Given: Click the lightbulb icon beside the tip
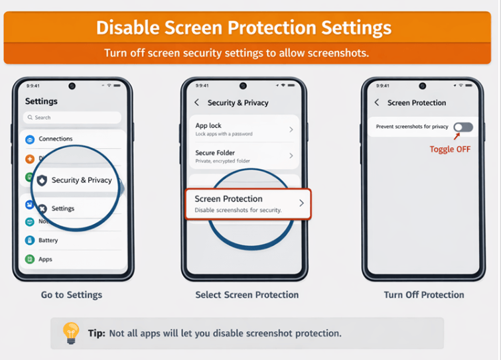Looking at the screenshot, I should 70,332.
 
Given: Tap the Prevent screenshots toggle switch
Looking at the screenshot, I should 463,127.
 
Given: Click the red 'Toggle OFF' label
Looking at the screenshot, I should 449,149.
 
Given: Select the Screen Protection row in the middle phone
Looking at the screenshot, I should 246,204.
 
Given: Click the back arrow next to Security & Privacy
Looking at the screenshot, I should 197,103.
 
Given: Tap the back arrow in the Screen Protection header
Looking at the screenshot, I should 377,103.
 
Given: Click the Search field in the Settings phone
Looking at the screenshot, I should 72,117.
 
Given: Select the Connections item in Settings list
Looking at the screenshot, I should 56,139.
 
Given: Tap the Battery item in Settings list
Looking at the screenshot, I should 48,241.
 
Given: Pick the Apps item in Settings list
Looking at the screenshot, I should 45,259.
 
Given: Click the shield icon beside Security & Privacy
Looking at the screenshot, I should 42,180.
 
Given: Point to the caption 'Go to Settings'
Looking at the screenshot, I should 72,295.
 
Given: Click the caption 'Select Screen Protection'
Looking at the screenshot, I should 247,295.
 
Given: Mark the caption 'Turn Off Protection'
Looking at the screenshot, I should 424,295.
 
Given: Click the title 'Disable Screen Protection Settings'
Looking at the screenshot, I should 244,28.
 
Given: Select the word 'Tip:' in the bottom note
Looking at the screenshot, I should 96,333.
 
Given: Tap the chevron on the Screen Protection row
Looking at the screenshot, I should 301,203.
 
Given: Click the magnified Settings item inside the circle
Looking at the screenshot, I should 62,209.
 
